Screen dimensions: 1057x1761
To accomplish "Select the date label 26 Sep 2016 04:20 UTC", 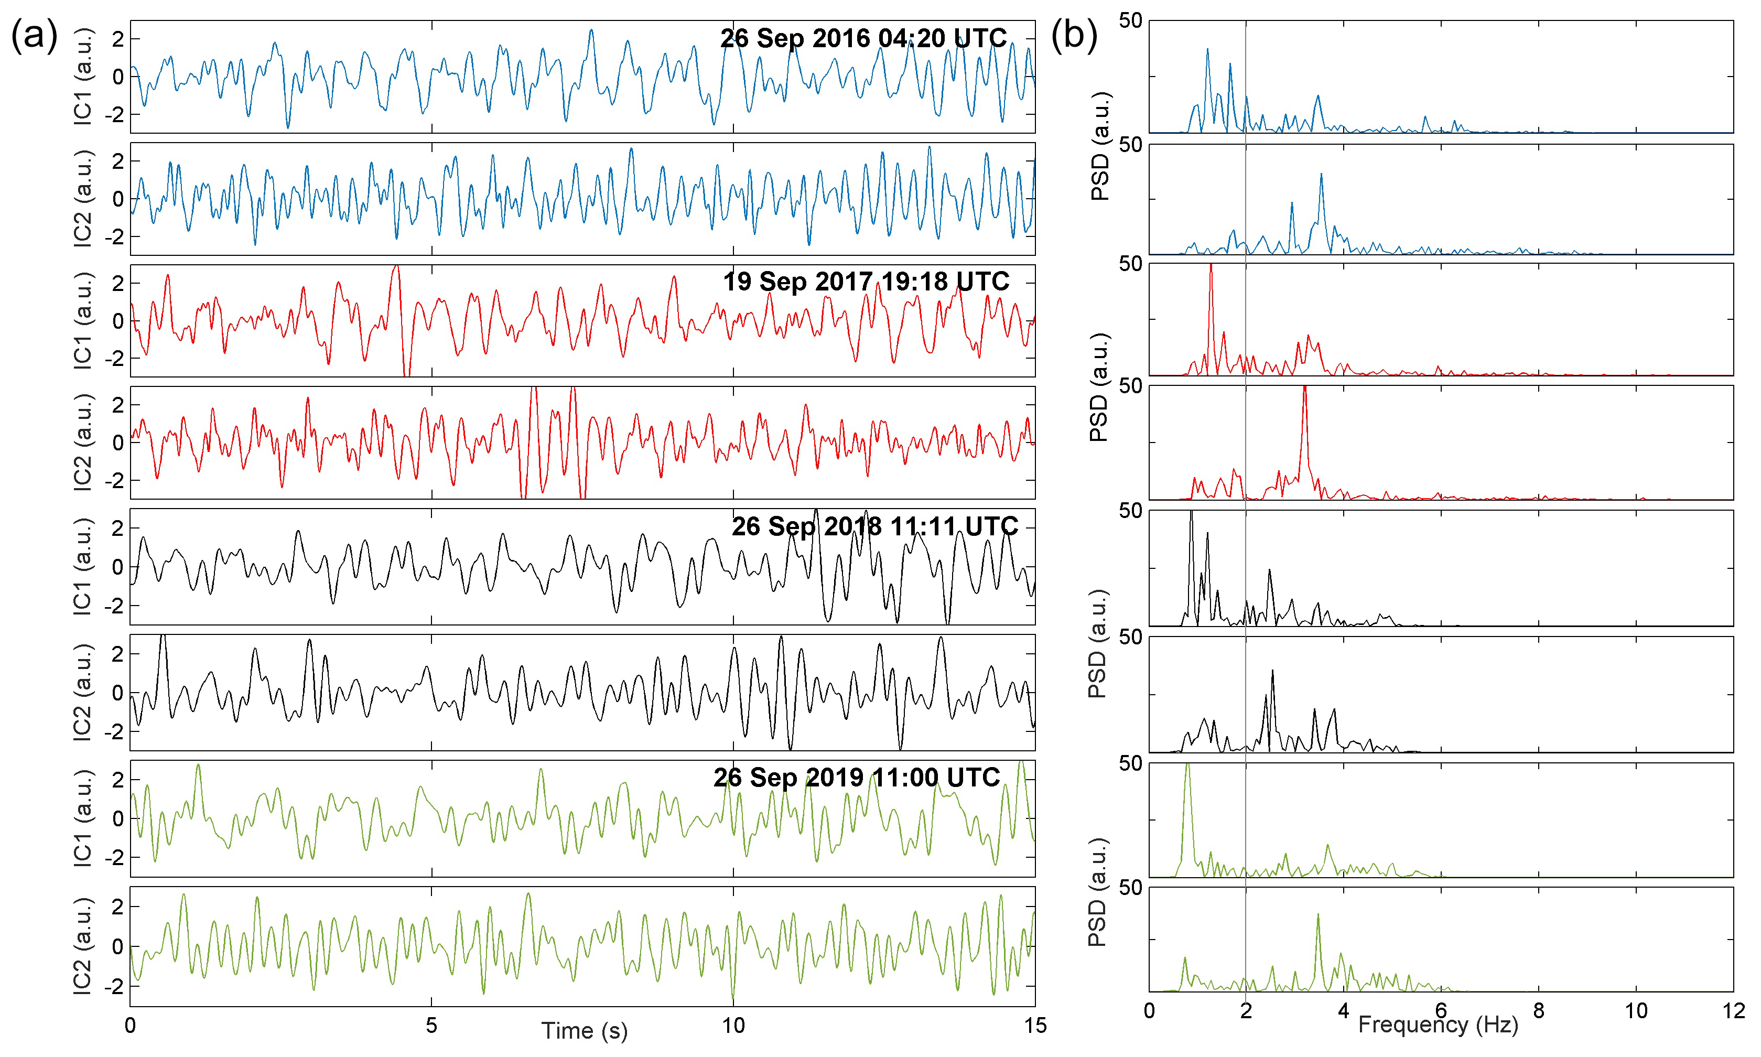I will tap(863, 38).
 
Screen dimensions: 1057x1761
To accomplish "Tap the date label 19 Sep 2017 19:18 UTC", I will tap(866, 282).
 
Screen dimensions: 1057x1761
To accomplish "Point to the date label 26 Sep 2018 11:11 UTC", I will tap(874, 526).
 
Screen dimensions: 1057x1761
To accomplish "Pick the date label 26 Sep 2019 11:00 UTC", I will tap(857, 777).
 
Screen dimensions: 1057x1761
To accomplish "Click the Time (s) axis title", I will tap(584, 1030).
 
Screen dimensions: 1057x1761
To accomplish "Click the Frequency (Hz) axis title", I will tap(1438, 1024).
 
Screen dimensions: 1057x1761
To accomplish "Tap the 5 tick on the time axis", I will tap(431, 1026).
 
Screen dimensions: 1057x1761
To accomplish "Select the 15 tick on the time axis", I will tap(1035, 1026).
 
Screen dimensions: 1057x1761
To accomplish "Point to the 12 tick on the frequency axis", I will tap(1733, 1011).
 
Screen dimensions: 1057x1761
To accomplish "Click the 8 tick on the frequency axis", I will tap(1538, 1011).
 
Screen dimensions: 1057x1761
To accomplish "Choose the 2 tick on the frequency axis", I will tap(1246, 1011).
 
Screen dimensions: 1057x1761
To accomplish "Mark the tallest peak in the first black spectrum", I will tap(1191, 513).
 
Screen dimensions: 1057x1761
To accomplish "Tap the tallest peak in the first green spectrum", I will tap(1187, 765).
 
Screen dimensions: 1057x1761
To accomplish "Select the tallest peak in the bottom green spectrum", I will tap(1318, 914).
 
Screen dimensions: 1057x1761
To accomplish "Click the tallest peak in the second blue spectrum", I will tap(1321, 175).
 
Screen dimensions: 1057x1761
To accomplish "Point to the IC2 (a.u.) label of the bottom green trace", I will tap(83, 946).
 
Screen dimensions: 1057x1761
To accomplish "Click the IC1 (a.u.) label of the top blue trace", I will tap(83, 76).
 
